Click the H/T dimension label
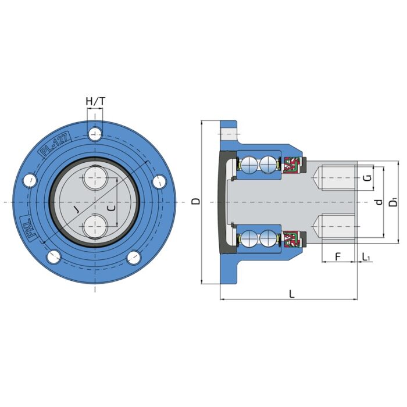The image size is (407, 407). point(95,101)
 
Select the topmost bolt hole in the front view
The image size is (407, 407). point(95,135)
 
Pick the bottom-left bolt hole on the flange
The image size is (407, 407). point(53,256)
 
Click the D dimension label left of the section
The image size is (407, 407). point(196,201)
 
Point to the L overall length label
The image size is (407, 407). point(292,294)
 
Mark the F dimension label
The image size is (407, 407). point(338,256)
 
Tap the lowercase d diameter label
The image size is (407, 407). point(379,202)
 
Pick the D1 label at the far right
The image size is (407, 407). point(394,202)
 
